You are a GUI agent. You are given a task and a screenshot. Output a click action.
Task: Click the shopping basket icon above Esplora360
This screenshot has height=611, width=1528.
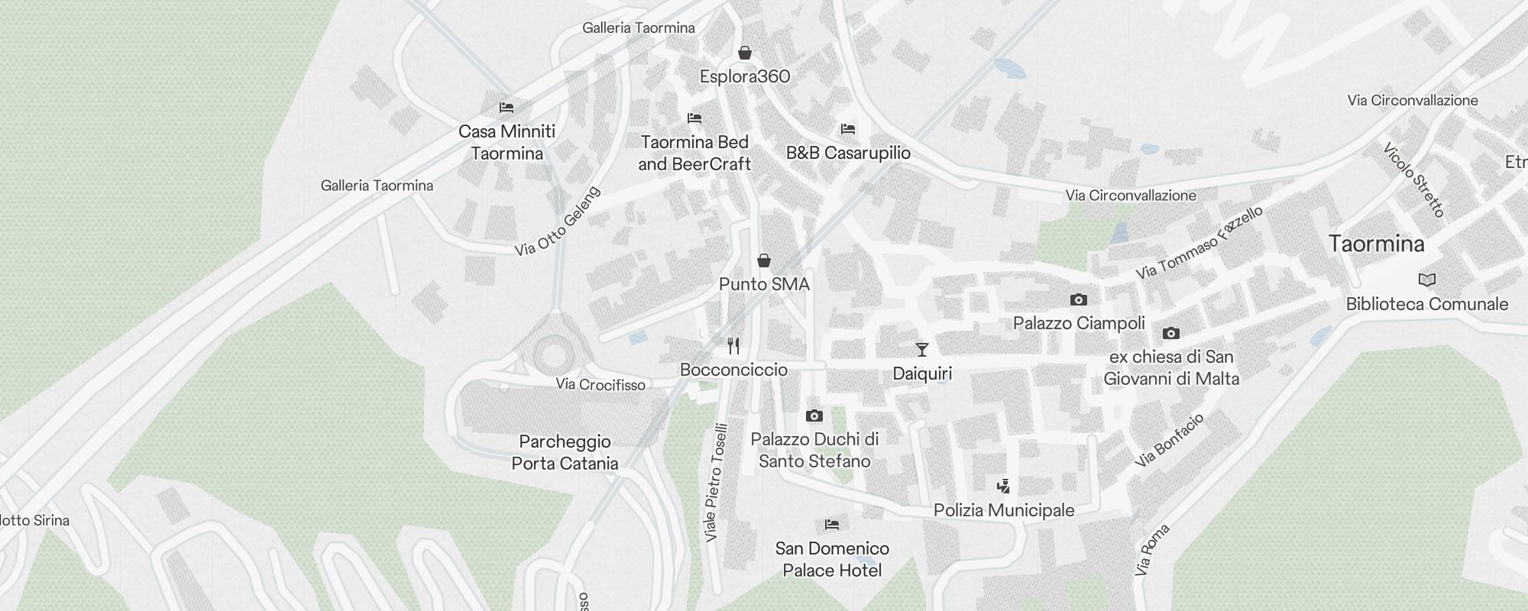click(x=745, y=53)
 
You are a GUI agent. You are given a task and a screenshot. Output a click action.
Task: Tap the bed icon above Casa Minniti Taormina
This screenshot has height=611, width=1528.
click(x=506, y=108)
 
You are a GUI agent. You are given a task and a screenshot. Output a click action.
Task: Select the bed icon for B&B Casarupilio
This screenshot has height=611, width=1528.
click(x=848, y=129)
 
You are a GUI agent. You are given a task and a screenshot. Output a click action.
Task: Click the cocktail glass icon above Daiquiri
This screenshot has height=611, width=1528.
click(x=922, y=350)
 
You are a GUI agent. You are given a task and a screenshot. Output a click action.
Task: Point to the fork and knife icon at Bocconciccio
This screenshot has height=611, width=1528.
click(x=733, y=346)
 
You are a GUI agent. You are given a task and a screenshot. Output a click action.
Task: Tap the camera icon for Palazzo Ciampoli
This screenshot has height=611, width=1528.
click(x=1079, y=299)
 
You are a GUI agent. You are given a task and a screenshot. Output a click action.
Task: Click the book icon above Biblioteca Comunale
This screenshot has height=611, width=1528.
click(x=1426, y=280)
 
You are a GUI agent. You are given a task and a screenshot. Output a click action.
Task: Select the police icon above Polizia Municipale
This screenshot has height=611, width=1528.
click(x=1004, y=487)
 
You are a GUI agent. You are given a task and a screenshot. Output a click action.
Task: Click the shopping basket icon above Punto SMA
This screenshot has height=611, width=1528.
click(x=764, y=260)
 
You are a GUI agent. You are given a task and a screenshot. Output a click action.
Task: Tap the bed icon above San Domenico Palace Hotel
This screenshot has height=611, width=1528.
click(x=832, y=525)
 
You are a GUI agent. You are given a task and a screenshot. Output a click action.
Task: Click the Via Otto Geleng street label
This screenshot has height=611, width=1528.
click(x=558, y=221)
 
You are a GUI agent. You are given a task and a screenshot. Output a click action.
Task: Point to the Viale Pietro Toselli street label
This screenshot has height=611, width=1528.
click(x=716, y=483)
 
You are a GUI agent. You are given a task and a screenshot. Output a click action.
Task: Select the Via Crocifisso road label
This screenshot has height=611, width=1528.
click(x=601, y=384)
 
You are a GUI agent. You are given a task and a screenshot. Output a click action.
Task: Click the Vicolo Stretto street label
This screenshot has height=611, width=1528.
click(x=1414, y=179)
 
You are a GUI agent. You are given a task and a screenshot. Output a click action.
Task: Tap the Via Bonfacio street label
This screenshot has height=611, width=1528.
click(x=1169, y=440)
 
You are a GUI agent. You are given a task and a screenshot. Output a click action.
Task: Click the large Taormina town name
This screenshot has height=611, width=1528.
click(x=1376, y=244)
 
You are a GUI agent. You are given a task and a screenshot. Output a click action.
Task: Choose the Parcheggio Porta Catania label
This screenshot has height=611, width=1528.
click(x=565, y=452)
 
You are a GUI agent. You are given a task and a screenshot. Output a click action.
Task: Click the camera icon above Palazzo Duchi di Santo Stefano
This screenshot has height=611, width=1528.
click(x=814, y=416)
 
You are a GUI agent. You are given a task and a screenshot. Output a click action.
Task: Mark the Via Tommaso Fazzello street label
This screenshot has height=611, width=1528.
click(x=1199, y=242)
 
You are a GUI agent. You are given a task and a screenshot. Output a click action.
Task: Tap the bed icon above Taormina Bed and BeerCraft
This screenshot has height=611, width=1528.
click(x=694, y=118)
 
